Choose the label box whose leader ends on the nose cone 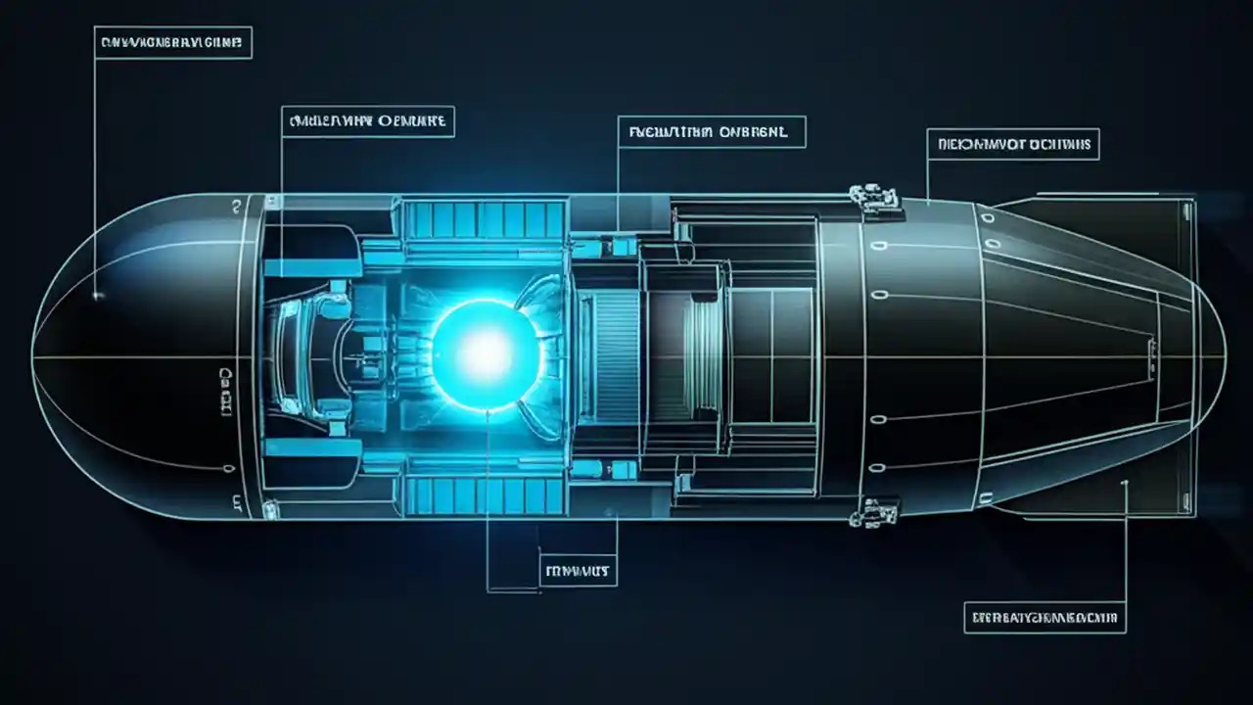click(173, 42)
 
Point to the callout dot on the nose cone click(96, 294)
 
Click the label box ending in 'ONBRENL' click(712, 131)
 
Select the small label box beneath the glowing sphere click(579, 568)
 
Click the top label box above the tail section click(1013, 145)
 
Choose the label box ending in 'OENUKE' click(367, 121)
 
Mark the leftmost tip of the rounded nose click(33, 356)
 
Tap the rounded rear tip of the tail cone click(1225, 358)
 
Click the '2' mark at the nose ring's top click(236, 207)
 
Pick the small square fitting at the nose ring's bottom click(236, 505)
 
